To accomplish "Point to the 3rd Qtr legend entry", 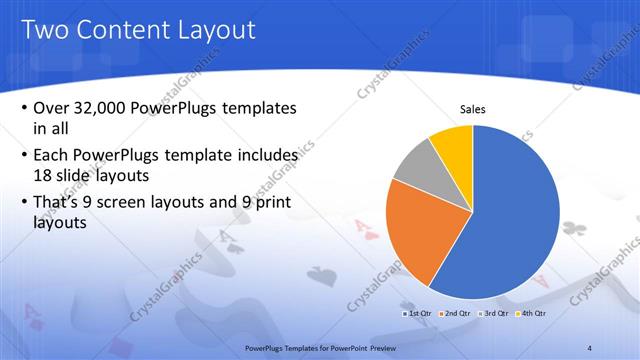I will (x=494, y=314).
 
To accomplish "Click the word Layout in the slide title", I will (x=215, y=30).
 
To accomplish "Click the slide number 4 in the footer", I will (x=590, y=347).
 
